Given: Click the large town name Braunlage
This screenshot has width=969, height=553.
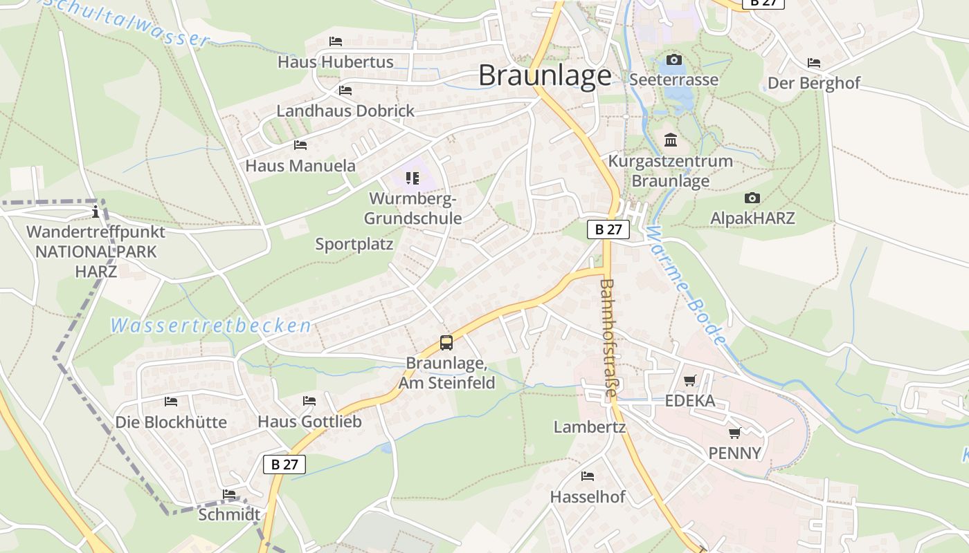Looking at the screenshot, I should tap(545, 75).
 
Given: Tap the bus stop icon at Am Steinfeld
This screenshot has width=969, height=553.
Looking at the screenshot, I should tap(446, 342).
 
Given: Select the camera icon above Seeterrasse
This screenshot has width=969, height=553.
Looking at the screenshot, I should tap(673, 60).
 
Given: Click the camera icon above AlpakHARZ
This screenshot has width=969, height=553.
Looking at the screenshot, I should tap(752, 198).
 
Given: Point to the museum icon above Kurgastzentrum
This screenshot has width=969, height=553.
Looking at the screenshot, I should tap(670, 140).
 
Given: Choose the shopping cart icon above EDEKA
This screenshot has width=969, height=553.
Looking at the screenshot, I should tap(689, 380).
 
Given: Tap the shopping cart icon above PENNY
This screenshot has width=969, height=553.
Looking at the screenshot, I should tap(734, 433).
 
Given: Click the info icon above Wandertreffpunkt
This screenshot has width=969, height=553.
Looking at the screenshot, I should tap(96, 212).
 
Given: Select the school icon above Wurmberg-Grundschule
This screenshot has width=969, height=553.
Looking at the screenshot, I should tap(413, 178).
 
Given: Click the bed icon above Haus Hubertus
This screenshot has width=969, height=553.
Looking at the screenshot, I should tap(336, 41).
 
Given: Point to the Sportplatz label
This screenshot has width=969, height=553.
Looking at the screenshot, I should tap(354, 244).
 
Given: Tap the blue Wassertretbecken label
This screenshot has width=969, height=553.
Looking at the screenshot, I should tap(210, 326).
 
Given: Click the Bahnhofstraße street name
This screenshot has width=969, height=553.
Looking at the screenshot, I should tap(608, 337).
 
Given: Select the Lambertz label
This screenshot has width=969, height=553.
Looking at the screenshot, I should tap(590, 427).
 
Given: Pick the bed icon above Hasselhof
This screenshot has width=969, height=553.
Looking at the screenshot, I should tap(588, 476).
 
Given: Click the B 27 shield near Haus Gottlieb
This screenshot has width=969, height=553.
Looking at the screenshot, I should tap(284, 464).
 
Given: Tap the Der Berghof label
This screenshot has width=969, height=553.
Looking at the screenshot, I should tap(813, 84).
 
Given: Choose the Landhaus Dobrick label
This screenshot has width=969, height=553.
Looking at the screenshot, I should tap(345, 111).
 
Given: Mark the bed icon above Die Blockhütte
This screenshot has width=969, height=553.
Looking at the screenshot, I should tap(171, 402).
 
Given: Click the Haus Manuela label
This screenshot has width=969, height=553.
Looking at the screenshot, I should tap(300, 166).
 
